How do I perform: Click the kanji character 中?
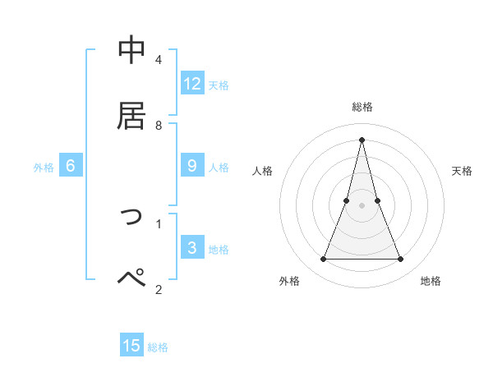click(x=132, y=50)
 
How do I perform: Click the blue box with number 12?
click(x=192, y=83)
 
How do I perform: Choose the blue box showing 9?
click(x=192, y=166)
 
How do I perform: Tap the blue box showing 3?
click(x=192, y=247)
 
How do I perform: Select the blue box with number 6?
click(x=71, y=166)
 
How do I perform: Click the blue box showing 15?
click(x=131, y=346)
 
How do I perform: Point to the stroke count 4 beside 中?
click(x=159, y=61)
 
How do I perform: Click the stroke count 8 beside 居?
click(x=159, y=126)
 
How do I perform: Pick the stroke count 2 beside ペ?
click(x=159, y=289)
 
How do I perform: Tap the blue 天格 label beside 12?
click(x=219, y=85)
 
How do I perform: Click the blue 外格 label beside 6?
click(x=44, y=168)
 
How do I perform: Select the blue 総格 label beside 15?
click(x=158, y=347)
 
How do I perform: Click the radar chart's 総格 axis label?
click(x=362, y=107)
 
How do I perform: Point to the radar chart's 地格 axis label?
click(x=431, y=281)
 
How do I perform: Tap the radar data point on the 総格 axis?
click(x=362, y=138)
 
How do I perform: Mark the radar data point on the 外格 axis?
click(x=323, y=260)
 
